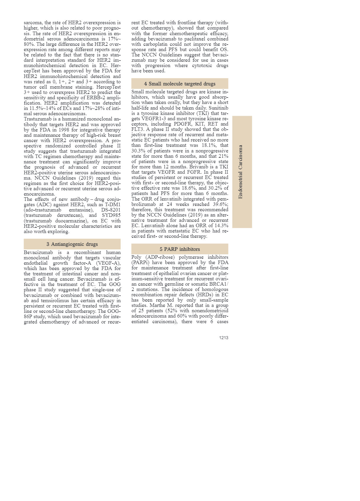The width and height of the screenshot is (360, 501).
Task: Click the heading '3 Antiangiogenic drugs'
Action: pyautogui.click(x=72, y=244)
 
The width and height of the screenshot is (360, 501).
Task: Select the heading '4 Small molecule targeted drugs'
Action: pyautogui.click(x=180, y=84)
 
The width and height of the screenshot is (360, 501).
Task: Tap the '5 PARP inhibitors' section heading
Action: pyautogui.click(x=180, y=249)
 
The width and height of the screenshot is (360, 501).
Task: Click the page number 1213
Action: pyautogui.click(x=223, y=338)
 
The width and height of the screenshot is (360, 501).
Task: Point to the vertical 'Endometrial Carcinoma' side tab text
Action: pyautogui.click(x=241, y=172)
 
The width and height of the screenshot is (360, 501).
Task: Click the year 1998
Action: pyautogui.click(x=64, y=130)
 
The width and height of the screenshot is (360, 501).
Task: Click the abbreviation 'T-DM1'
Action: pyautogui.click(x=113, y=205)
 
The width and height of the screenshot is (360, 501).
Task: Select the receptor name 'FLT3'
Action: pyautogui.click(x=137, y=129)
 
